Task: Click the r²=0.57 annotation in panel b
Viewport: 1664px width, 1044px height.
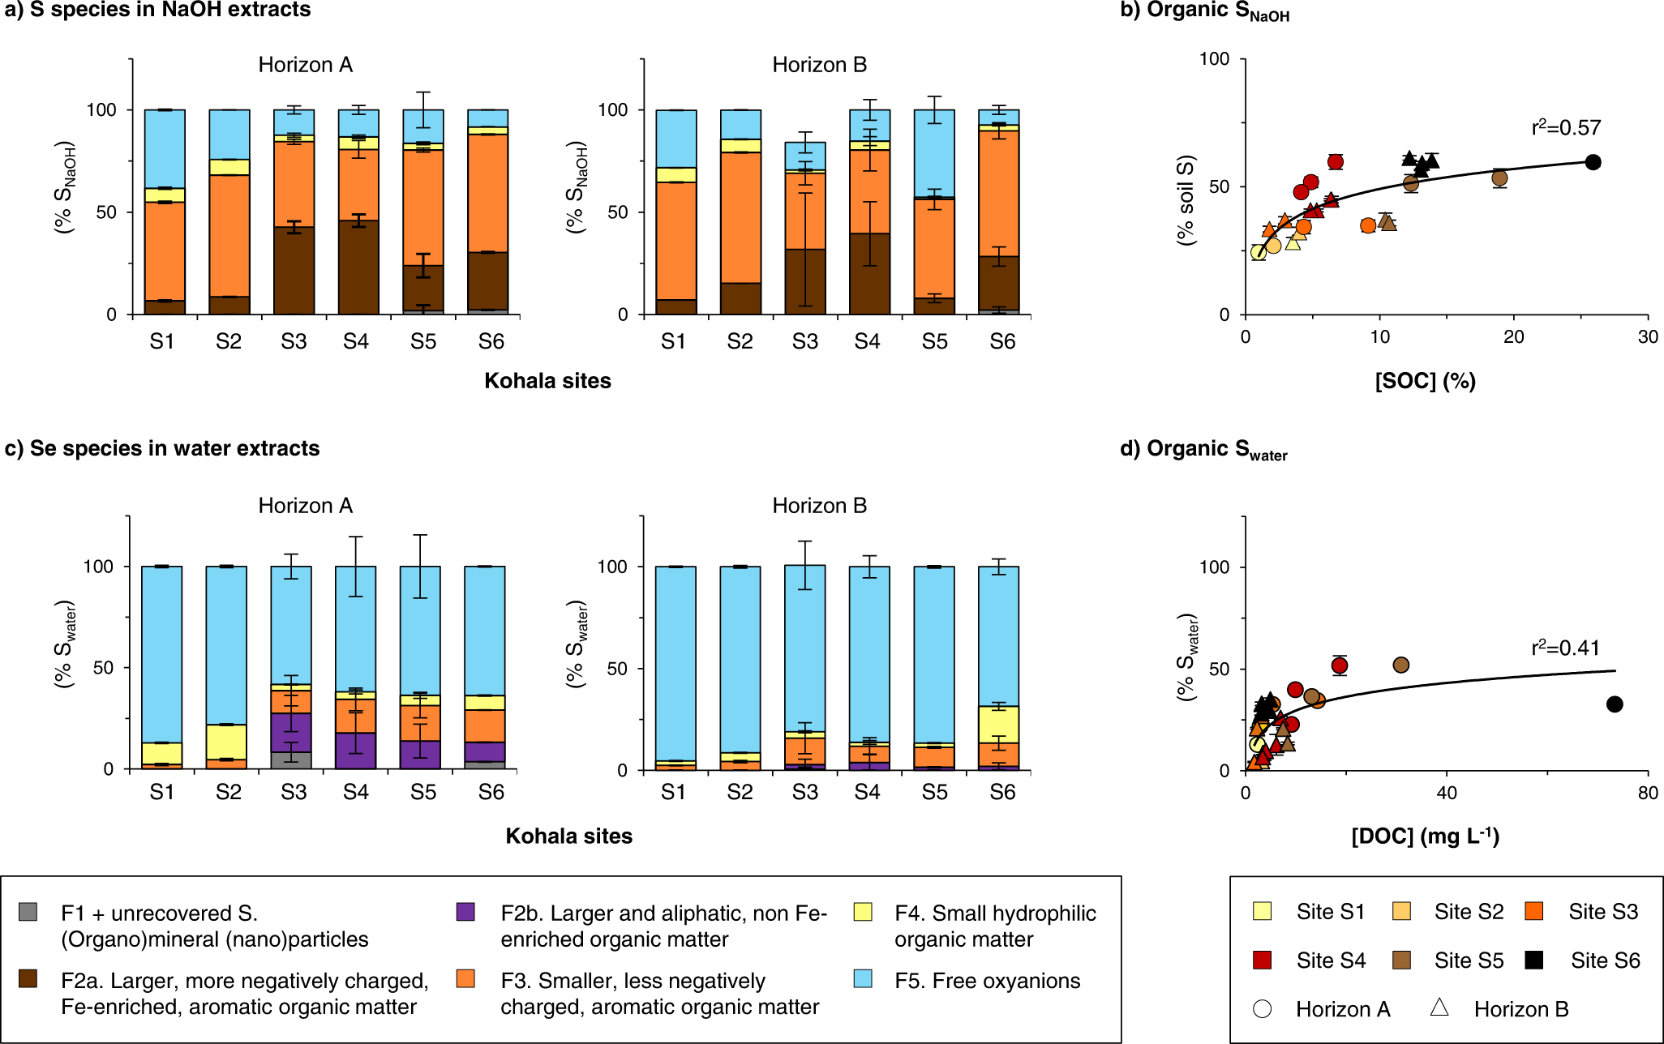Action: pos(1566,128)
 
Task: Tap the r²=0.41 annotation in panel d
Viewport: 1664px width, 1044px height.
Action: pos(1565,648)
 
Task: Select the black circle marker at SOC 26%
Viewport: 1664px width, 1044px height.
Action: pos(1593,162)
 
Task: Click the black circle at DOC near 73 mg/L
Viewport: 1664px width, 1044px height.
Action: pos(1615,704)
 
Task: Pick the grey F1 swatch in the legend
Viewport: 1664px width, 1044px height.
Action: pos(28,912)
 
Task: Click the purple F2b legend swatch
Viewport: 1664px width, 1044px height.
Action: pos(465,912)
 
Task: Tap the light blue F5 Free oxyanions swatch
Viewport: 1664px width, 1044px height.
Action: pos(863,979)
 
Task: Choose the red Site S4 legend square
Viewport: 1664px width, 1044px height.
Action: pos(1262,961)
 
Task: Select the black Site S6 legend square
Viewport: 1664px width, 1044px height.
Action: pos(1533,961)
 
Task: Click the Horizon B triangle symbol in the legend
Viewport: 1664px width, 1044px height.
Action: pos(1439,1008)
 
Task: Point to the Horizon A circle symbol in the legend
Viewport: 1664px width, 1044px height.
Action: pos(1262,1009)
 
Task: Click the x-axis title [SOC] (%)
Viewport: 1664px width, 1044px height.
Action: pos(1425,381)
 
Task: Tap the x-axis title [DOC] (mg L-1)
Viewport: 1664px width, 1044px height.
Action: pos(1425,836)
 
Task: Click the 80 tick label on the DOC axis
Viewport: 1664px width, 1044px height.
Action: pos(1647,793)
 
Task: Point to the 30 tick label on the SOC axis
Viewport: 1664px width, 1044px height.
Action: pos(1647,337)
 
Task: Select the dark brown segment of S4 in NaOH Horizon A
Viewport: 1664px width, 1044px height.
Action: pos(359,267)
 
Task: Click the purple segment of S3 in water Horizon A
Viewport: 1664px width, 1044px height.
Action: pos(291,733)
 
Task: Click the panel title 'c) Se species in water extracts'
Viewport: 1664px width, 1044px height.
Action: pos(162,448)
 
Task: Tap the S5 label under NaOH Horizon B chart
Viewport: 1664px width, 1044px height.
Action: pos(934,342)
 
